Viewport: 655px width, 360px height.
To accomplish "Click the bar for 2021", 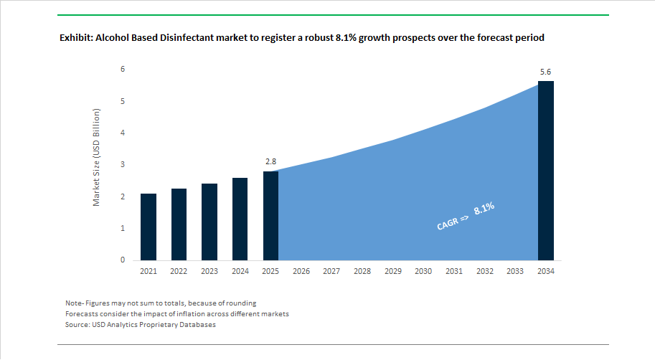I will pyautogui.click(x=149, y=227).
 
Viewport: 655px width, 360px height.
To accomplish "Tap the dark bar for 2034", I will pyautogui.click(x=545, y=171).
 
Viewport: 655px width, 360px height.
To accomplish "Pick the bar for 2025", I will pyautogui.click(x=270, y=215).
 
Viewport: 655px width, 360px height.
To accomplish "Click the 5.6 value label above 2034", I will pyautogui.click(x=545, y=72).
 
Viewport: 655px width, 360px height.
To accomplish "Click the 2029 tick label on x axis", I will pyautogui.click(x=392, y=271).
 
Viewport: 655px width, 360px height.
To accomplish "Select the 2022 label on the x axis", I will pyautogui.click(x=179, y=271).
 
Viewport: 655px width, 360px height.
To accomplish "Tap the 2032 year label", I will pyautogui.click(x=484, y=271).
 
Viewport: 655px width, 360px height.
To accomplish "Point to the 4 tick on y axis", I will pyautogui.click(x=123, y=133).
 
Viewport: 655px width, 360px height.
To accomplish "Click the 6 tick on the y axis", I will pyautogui.click(x=123, y=70).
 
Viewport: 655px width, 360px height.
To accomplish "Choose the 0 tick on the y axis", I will pyautogui.click(x=123, y=260).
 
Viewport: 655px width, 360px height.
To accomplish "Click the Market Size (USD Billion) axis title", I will pyautogui.click(x=97, y=158).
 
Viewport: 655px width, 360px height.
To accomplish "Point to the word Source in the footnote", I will pyautogui.click(x=78, y=325).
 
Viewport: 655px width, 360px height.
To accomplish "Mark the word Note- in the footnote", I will pyautogui.click(x=75, y=303).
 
